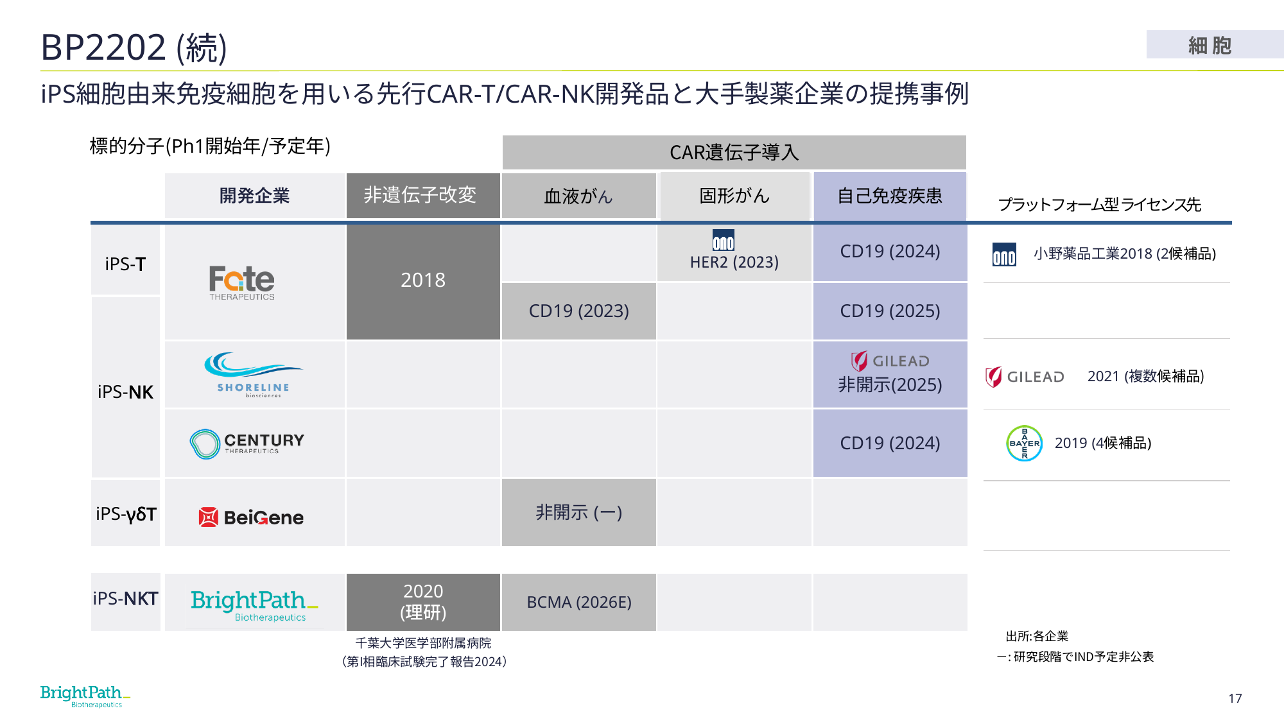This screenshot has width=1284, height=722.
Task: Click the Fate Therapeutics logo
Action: (242, 282)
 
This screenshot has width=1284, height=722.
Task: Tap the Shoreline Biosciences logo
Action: (253, 375)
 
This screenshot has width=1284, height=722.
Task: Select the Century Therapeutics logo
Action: (247, 443)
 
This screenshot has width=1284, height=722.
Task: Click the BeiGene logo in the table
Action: (251, 517)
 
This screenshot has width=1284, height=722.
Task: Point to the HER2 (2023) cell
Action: (734, 252)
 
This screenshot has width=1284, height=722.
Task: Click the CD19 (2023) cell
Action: (578, 311)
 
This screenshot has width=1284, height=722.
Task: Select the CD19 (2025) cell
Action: (890, 311)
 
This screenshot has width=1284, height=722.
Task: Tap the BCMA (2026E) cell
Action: (578, 602)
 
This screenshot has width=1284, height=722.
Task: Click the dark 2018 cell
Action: (423, 281)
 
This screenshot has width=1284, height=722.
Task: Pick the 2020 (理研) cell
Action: (423, 602)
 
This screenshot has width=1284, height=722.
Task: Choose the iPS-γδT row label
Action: (126, 513)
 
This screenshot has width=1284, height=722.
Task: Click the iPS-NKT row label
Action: (126, 599)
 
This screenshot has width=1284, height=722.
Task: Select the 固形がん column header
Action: (734, 195)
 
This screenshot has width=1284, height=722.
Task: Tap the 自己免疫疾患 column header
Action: (890, 195)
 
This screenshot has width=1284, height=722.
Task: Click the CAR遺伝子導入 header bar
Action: (734, 152)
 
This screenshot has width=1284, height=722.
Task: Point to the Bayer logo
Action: (1024, 443)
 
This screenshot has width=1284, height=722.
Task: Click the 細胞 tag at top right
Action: (1210, 45)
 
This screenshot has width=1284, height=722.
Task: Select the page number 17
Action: (1235, 698)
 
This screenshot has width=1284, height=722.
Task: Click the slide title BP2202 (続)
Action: (134, 47)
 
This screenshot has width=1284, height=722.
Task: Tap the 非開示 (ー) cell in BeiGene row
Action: (578, 512)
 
